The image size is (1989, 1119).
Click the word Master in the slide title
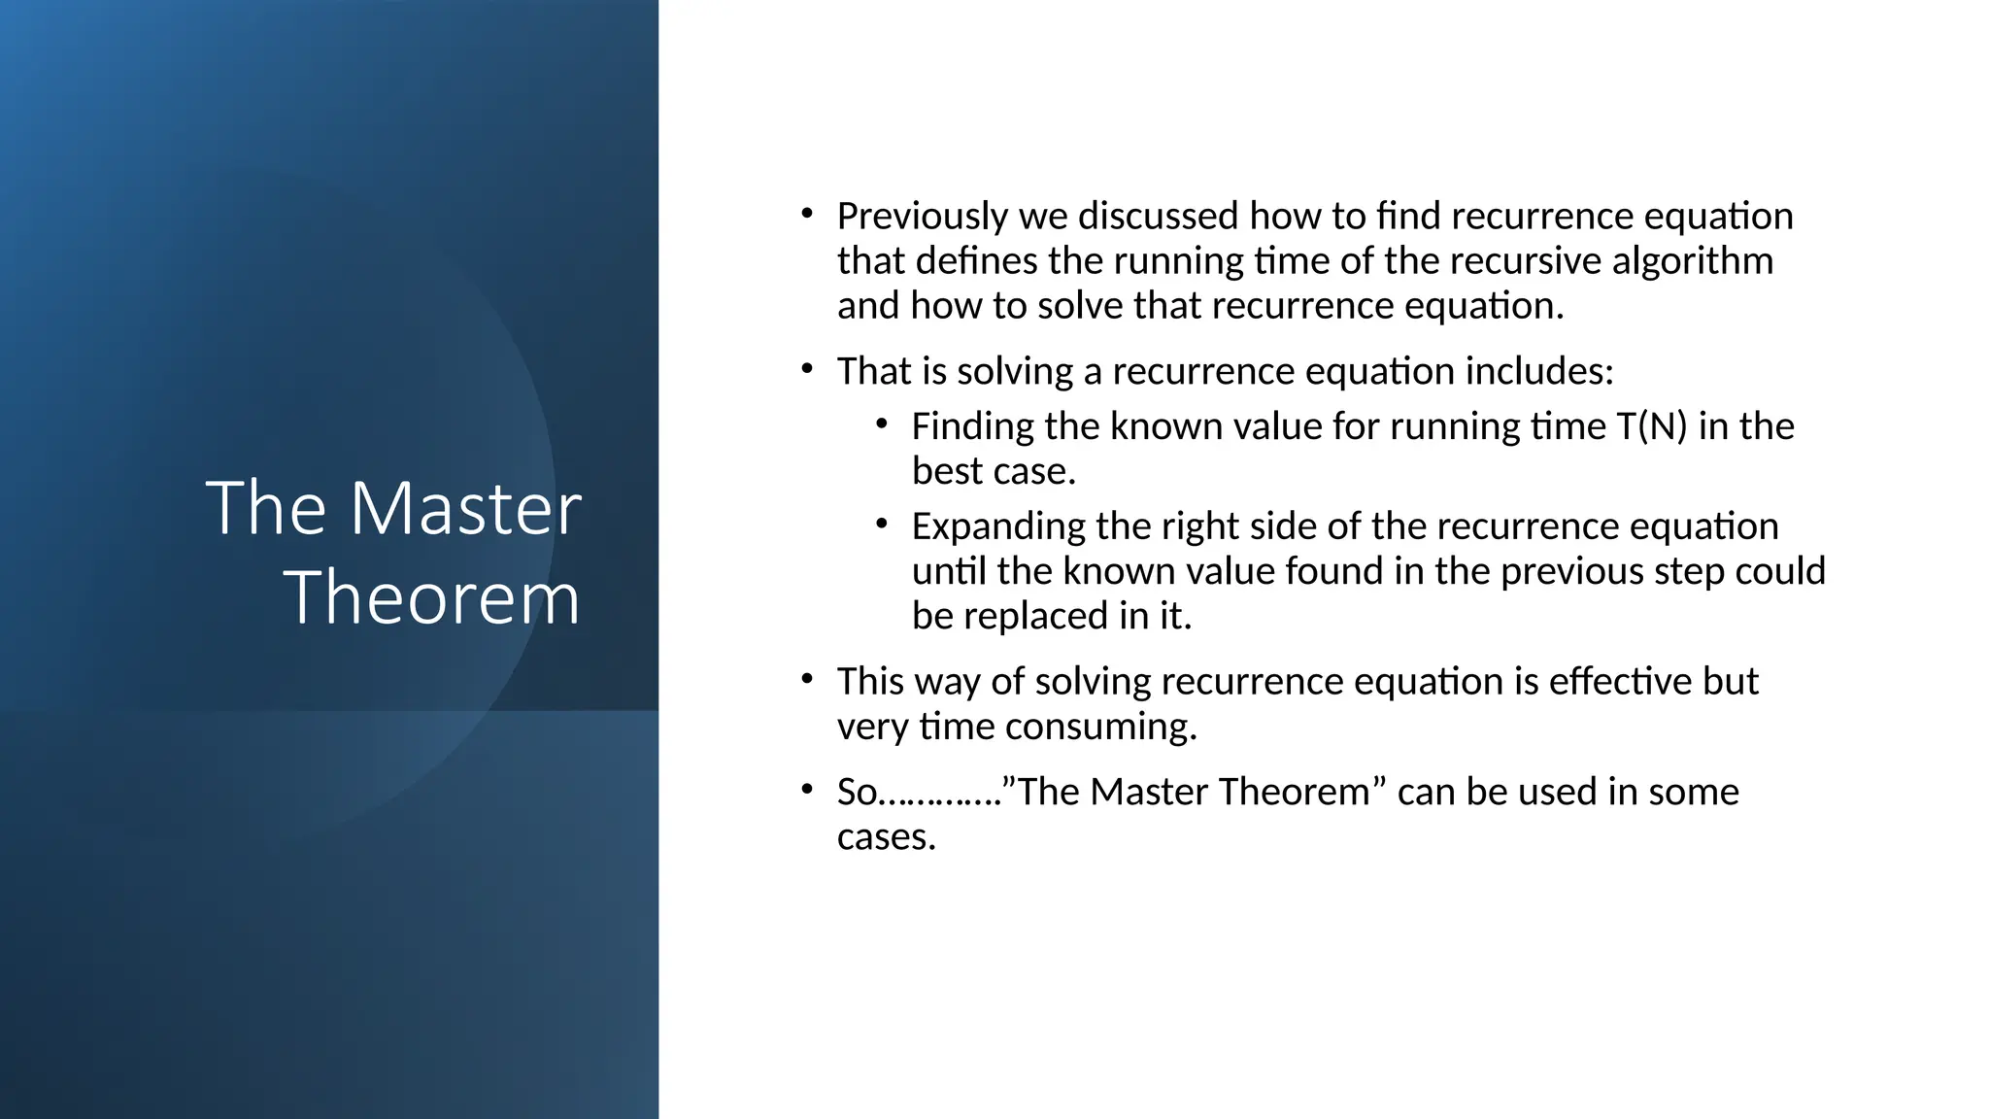465,508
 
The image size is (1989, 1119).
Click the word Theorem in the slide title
431,597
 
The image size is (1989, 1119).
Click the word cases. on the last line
886,836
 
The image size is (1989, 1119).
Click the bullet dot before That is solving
806,368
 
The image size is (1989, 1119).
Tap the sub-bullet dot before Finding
881,424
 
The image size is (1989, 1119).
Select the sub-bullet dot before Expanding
881,524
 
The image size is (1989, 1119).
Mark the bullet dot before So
806,789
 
